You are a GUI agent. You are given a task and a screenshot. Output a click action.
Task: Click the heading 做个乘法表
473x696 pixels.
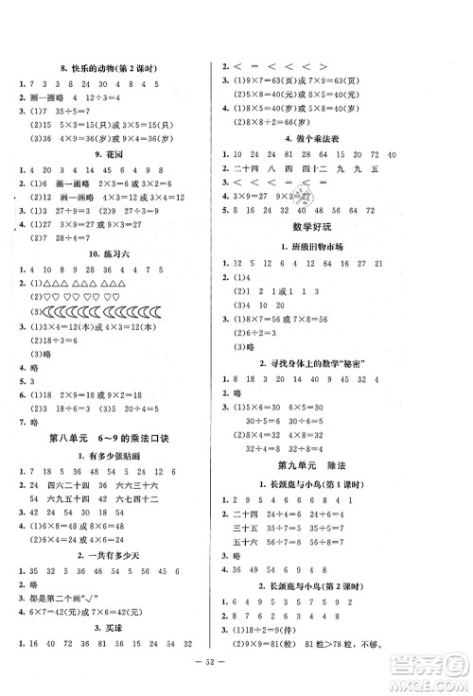pyautogui.click(x=337, y=139)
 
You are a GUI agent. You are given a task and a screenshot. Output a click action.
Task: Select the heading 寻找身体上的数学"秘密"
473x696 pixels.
pyautogui.click(x=337, y=364)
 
